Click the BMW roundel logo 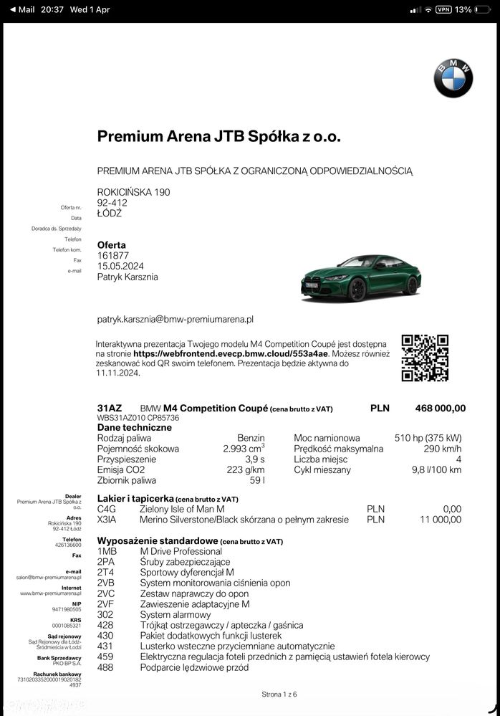pos(453,78)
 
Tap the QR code pos(425,358)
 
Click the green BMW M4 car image pos(360,278)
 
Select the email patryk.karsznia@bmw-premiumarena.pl pos(176,319)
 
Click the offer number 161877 pos(113,255)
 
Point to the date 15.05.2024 pos(120,266)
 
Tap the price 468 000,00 pos(440,409)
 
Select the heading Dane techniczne pos(135,427)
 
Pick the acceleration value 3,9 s pos(255,459)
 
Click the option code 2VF pos(106,604)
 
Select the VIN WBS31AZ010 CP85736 pos(138,418)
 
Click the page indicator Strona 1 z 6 pos(279,694)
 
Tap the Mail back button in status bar pos(21,10)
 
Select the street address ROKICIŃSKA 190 pos(133,192)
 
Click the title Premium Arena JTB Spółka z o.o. pos(218,137)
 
